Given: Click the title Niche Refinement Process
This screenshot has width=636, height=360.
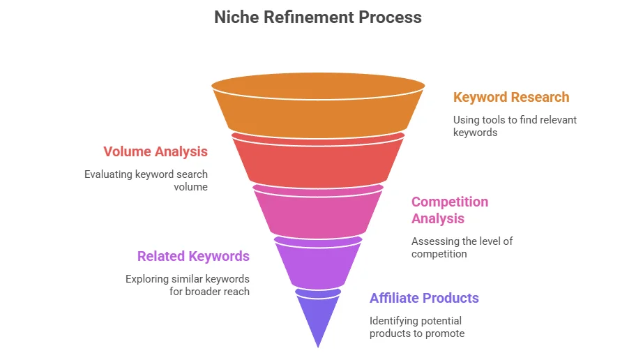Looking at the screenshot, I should point(317,17).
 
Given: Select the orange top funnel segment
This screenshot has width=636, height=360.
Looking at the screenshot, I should point(317,108).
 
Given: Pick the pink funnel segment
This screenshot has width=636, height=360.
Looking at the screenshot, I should point(317,211).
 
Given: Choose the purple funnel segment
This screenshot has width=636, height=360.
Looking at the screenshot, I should point(317,262).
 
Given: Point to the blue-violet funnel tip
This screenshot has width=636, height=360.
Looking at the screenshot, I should point(317,314).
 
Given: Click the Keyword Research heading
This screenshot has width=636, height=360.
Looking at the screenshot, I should point(511,97).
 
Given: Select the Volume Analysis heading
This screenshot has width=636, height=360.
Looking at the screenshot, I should point(156,151).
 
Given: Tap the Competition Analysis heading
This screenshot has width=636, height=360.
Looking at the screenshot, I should point(450,210).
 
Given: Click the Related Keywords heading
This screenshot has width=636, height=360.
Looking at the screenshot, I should point(193,256).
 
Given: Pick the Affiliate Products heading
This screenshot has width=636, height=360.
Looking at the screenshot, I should point(424,298).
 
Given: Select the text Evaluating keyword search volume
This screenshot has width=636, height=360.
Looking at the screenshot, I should point(146,180).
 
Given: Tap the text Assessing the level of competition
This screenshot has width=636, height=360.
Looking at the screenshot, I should point(462,247).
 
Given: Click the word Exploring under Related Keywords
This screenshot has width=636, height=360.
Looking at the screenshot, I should point(146,279).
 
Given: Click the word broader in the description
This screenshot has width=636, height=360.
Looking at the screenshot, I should point(202,292).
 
